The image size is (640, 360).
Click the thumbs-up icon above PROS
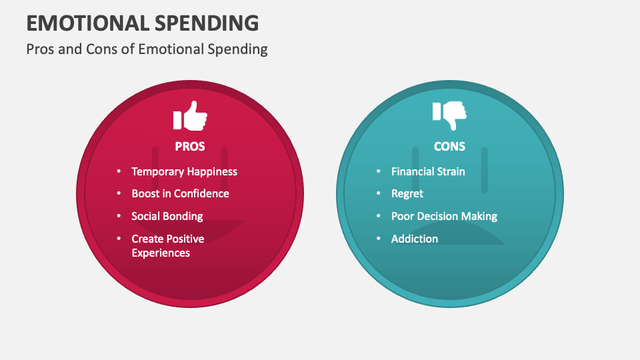[190, 116]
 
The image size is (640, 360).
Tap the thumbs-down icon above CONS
[449, 116]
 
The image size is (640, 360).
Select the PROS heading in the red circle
[190, 146]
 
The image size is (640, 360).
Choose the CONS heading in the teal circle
[449, 146]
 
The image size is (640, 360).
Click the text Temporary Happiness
[184, 171]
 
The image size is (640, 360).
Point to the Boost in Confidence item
[180, 193]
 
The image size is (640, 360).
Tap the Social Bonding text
[167, 216]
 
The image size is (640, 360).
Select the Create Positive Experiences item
[167, 245]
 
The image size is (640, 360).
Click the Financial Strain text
[428, 171]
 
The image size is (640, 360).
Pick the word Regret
[407, 193]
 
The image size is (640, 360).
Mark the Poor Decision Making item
[444, 216]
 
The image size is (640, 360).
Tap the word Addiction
[415, 239]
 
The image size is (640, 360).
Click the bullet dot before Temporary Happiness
[119, 171]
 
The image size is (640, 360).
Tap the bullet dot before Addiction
[378, 239]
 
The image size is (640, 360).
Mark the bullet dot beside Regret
[378, 193]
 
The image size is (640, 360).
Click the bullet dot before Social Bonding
[119, 216]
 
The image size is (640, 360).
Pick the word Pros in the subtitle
[41, 49]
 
